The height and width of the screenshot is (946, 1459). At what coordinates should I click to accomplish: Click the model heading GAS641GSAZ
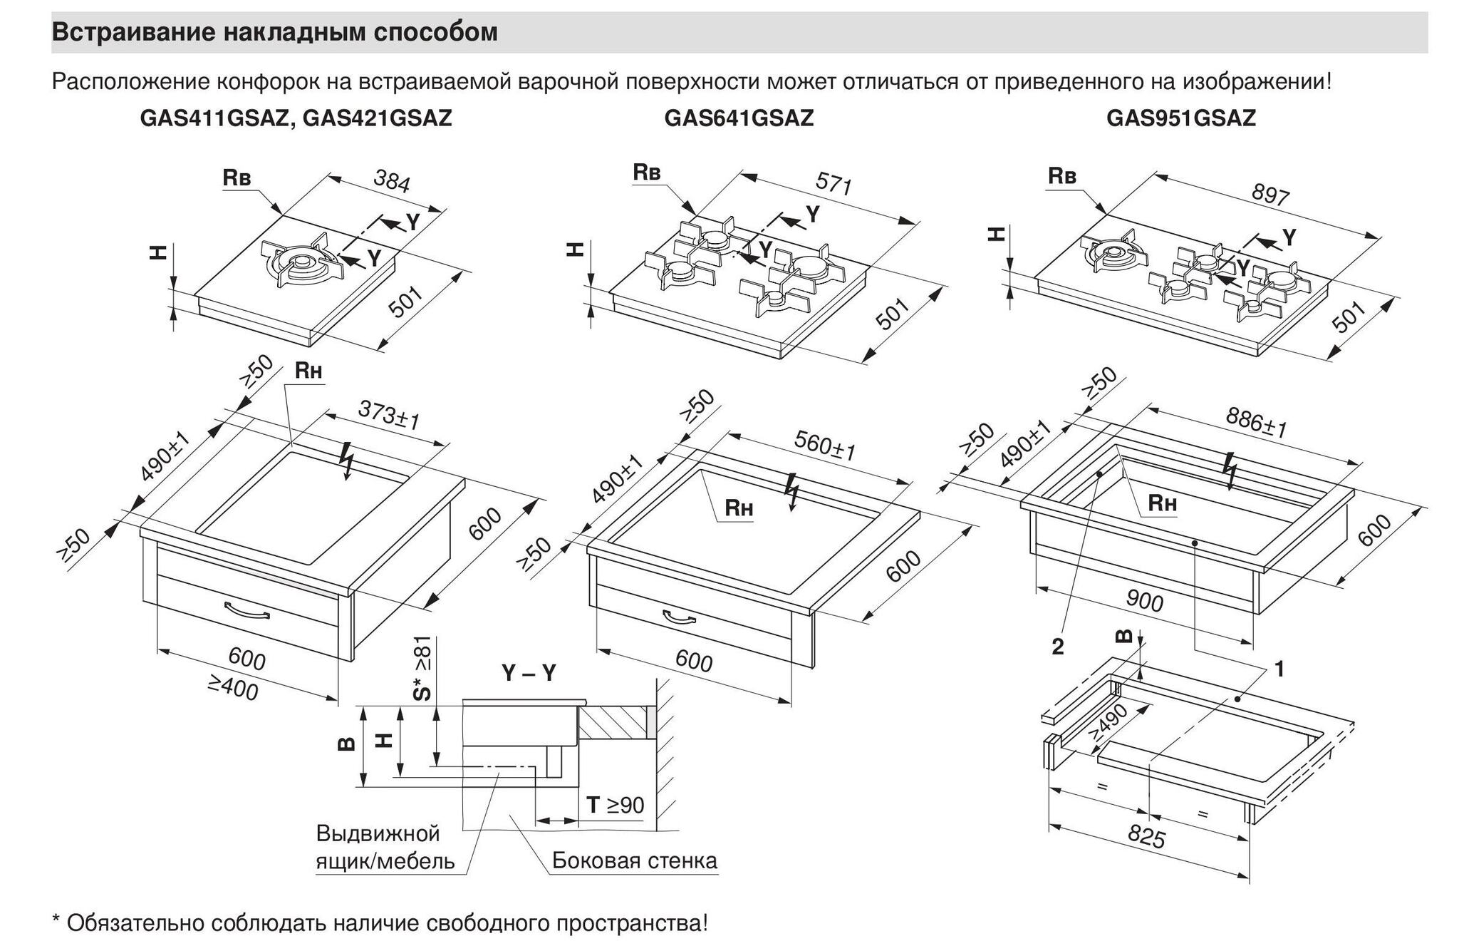(739, 118)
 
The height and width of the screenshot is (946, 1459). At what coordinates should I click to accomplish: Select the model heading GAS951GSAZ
(1180, 118)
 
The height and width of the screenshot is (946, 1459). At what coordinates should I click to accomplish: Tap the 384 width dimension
(392, 183)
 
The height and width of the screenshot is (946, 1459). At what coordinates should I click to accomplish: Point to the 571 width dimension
(834, 185)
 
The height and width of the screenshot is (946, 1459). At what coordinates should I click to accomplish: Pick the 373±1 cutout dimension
(388, 415)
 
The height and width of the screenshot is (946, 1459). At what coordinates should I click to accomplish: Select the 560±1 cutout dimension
(824, 446)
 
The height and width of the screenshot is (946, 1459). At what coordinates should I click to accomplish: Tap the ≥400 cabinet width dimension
(233, 687)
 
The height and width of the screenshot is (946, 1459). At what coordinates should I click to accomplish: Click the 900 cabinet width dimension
(1144, 601)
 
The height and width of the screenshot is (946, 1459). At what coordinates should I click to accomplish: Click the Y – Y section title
(529, 673)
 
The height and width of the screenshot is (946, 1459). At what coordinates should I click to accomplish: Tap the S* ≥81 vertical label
(422, 668)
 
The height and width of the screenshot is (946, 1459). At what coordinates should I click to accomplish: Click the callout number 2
(1058, 647)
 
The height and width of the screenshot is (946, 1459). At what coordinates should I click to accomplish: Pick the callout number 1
(1279, 669)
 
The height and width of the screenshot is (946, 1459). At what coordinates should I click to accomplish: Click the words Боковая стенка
(635, 861)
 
